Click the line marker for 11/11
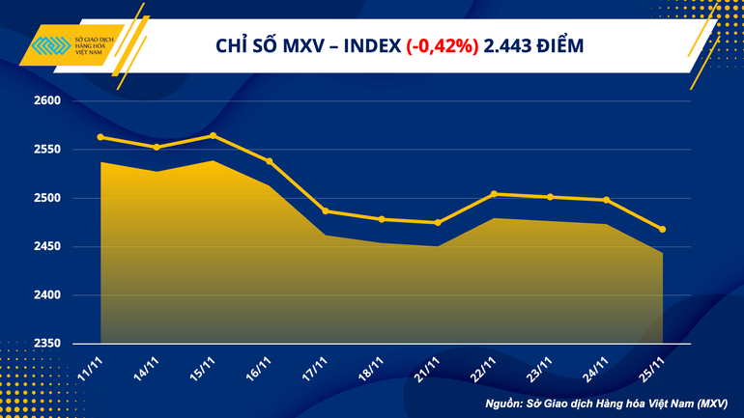pyautogui.click(x=101, y=137)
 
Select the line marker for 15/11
pyautogui.click(x=213, y=135)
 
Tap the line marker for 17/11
pyautogui.click(x=325, y=211)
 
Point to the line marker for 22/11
pyautogui.click(x=494, y=194)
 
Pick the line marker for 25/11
pyautogui.click(x=663, y=229)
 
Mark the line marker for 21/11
pyautogui.click(x=438, y=223)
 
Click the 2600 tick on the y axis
pyautogui.click(x=47, y=100)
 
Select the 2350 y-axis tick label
pyautogui.click(x=47, y=344)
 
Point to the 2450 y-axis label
pyautogui.click(x=47, y=247)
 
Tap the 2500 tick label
pyautogui.click(x=47, y=198)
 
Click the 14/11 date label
pyautogui.click(x=148, y=368)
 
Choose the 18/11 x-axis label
pyautogui.click(x=372, y=368)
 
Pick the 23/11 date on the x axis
pyautogui.click(x=540, y=368)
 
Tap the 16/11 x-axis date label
pyautogui.click(x=260, y=368)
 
